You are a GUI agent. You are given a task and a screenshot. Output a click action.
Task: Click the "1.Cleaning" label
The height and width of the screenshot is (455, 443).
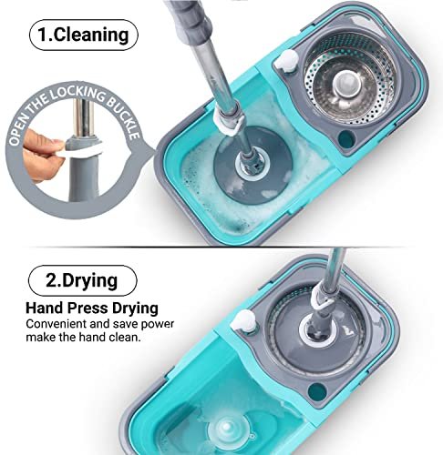coord(83,35)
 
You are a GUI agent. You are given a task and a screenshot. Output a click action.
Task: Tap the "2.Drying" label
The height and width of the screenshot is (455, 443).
coord(82,280)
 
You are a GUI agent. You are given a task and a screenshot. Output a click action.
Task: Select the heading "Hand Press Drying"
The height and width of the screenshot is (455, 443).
coord(92,308)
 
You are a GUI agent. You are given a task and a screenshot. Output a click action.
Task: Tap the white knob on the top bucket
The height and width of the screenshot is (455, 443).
coord(286,61)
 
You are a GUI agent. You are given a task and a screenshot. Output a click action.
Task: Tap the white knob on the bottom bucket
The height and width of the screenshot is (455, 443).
coord(243,322)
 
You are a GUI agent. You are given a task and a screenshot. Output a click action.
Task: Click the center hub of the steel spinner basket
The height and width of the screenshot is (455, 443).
coord(347,83)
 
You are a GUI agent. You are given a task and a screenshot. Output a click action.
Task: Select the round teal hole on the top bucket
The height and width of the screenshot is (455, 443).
coord(346,139)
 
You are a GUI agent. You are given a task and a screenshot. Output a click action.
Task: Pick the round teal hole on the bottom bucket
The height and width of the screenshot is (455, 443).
coord(316,391)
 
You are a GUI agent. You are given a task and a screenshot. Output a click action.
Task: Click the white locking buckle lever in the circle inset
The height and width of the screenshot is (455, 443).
coord(78,151)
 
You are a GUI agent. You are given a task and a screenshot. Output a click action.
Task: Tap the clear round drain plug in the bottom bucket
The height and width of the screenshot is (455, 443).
coord(227,428)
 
